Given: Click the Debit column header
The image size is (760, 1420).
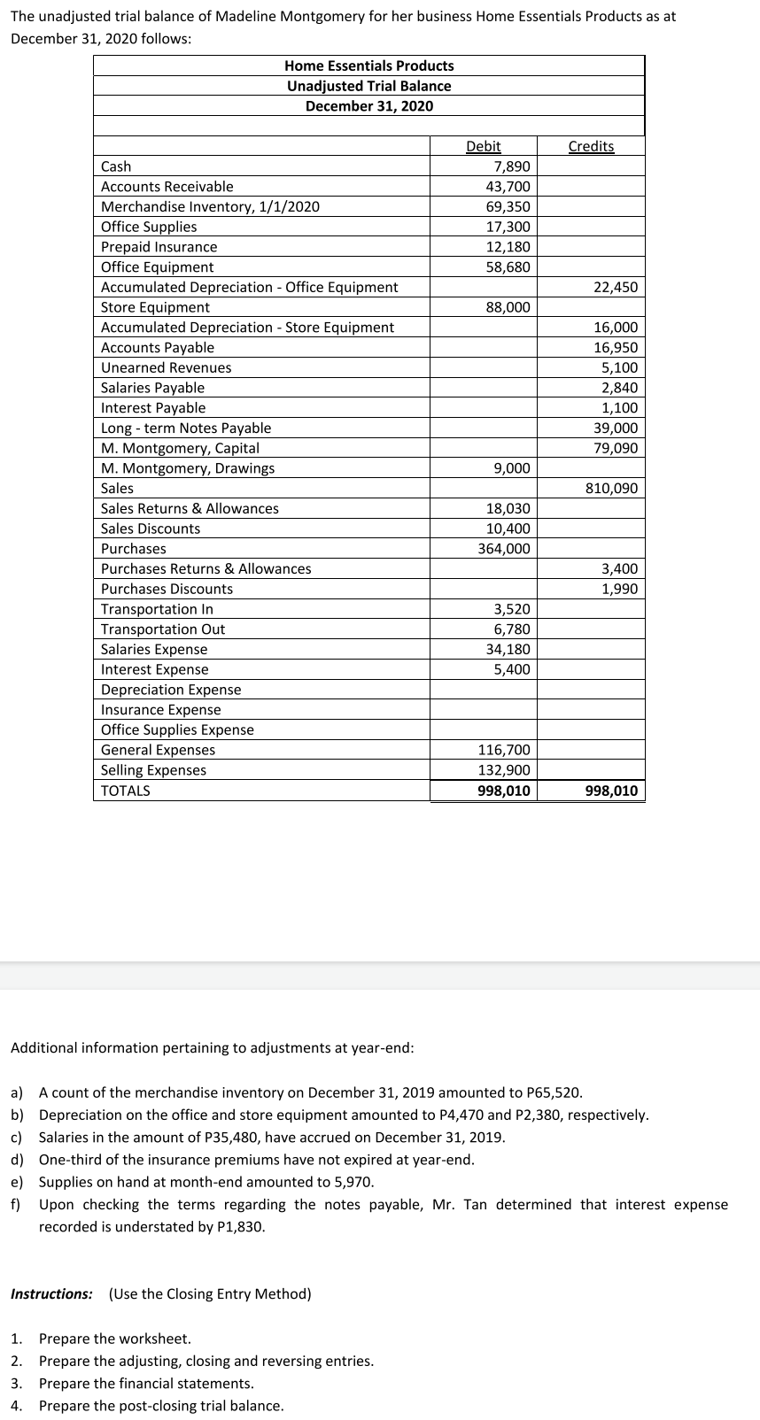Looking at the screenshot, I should [483, 146].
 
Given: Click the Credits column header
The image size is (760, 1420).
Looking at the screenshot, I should [591, 146].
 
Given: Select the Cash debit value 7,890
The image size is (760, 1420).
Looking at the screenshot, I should [512, 166].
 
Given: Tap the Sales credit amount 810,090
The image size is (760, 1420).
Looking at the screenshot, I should [611, 489].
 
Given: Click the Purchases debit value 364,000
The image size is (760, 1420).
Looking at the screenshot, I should [504, 549].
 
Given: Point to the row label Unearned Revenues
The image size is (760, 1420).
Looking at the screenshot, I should [166, 367].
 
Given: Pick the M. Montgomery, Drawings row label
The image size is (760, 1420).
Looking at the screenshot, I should [188, 468].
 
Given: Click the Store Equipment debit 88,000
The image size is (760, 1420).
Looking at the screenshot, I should [508, 307].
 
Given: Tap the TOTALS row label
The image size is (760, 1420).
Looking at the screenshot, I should [125, 791].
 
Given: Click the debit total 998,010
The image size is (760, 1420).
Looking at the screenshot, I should [503, 791].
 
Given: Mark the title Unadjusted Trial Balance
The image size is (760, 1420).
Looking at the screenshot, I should [368, 86].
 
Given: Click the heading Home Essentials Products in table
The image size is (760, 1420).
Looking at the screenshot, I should [368, 66].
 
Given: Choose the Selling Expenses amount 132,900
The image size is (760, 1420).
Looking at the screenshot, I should [504, 770].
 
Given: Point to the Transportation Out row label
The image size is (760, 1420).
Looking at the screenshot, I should [163, 629].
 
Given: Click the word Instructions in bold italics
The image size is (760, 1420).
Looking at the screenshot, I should [51, 1294].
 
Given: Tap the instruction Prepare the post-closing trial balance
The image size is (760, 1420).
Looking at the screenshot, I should [161, 1406].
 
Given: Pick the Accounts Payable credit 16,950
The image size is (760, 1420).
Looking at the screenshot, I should [615, 348].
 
